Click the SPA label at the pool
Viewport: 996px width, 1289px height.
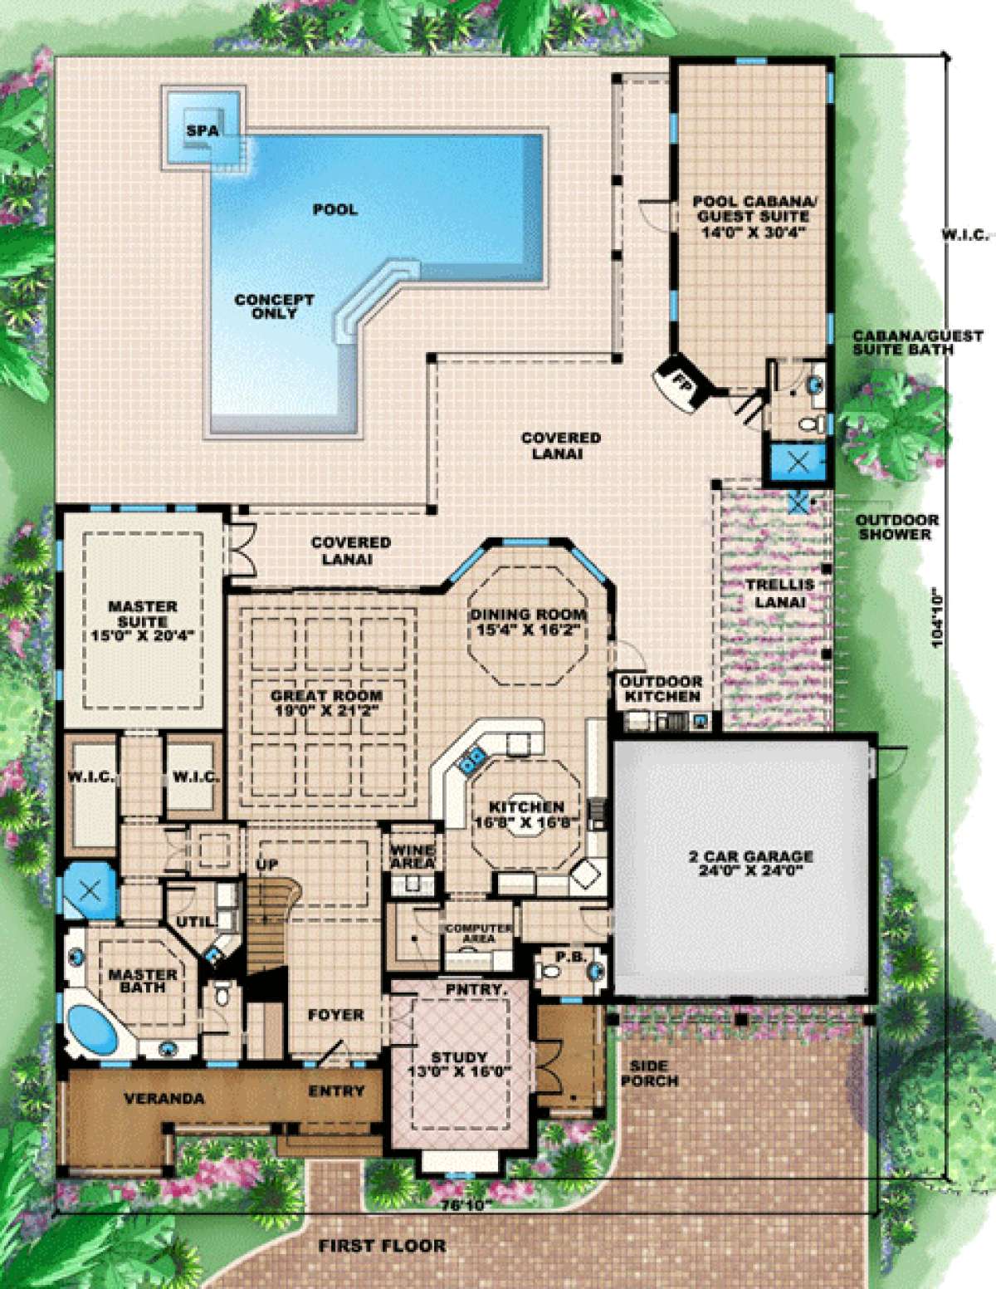(203, 130)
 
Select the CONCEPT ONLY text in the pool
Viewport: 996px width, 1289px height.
(275, 306)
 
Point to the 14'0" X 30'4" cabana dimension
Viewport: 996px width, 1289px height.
(754, 232)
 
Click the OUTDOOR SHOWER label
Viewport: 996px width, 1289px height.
(896, 527)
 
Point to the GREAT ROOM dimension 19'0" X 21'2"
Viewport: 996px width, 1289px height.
(326, 709)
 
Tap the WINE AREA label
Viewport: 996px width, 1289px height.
(413, 855)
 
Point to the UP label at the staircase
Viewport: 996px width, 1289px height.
(266, 865)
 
